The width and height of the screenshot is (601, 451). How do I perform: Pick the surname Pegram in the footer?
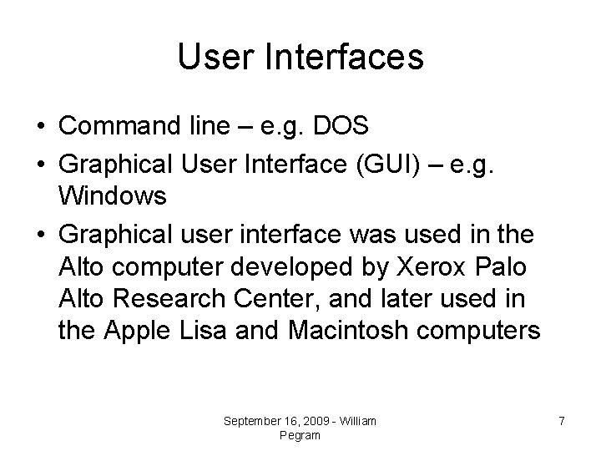click(300, 435)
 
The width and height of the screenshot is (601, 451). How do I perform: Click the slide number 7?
click(562, 422)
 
